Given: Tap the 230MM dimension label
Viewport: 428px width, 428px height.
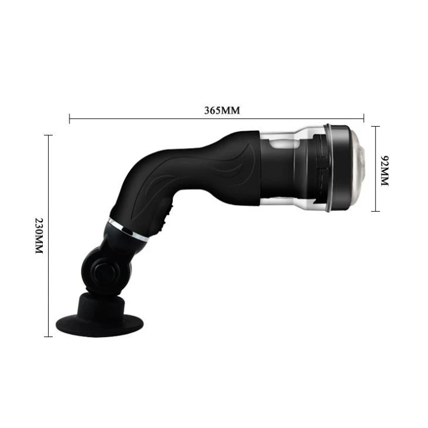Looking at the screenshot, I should pos(39,235).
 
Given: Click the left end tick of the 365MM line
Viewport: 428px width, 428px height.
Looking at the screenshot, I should pos(70,119).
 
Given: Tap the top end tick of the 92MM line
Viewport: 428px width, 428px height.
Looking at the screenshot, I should pos(374,127).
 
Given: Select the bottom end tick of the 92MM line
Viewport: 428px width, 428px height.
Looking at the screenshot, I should pos(374,211).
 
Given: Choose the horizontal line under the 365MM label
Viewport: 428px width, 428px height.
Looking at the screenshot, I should pos(149,119).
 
